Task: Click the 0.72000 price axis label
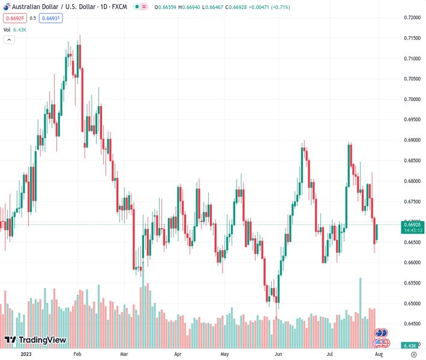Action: (x=411, y=17)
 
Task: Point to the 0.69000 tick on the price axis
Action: (x=411, y=140)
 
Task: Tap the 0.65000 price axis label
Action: (x=411, y=303)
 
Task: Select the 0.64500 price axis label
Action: (x=411, y=323)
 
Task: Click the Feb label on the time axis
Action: (x=77, y=354)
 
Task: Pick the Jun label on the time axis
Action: (x=278, y=354)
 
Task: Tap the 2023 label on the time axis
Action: (x=26, y=354)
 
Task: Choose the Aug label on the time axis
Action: (x=379, y=354)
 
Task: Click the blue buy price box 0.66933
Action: (x=50, y=18)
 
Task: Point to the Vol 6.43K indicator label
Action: (x=15, y=29)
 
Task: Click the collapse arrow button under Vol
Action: (x=9, y=40)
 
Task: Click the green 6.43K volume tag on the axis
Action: (x=411, y=346)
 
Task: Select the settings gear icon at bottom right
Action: (x=413, y=354)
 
